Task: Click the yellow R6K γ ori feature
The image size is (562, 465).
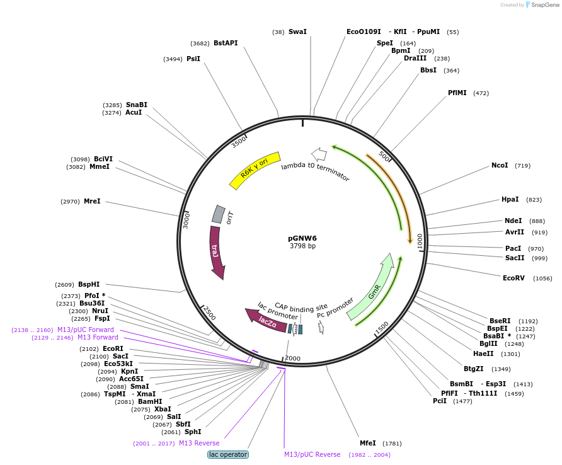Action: tap(255, 170)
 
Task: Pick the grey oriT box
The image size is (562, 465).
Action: tap(218, 214)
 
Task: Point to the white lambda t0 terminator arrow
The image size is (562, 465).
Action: tap(319, 154)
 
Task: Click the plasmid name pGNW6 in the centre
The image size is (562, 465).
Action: tap(302, 238)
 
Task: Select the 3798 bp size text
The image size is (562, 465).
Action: tap(302, 246)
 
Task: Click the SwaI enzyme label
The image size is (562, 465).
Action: tap(297, 32)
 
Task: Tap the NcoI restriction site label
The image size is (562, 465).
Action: tap(500, 166)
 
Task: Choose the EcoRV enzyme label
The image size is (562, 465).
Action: tap(513, 278)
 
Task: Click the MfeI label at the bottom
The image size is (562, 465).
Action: tap(367, 443)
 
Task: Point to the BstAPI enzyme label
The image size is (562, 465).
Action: tap(226, 43)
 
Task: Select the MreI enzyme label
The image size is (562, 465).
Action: tap(92, 202)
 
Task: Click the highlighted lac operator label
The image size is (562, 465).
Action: tap(228, 454)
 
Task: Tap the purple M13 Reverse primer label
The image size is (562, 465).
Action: tap(199, 443)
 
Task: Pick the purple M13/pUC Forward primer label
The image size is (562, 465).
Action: tap(86, 330)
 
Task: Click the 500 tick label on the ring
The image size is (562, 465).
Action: tap(384, 156)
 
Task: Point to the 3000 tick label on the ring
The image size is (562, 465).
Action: tap(186, 220)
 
